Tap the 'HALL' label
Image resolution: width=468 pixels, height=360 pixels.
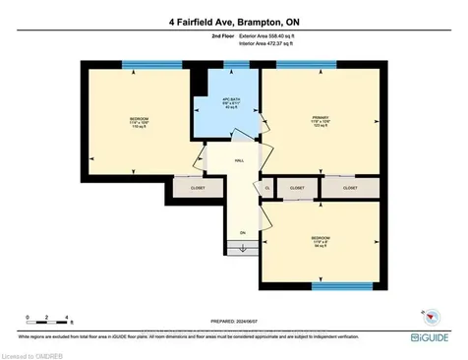point(239,161)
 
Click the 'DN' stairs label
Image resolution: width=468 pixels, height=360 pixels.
point(242,233)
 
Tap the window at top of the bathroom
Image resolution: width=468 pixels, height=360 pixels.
point(236,64)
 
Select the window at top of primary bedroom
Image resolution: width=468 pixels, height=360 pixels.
point(302,64)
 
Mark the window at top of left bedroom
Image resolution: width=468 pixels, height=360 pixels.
point(144,64)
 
